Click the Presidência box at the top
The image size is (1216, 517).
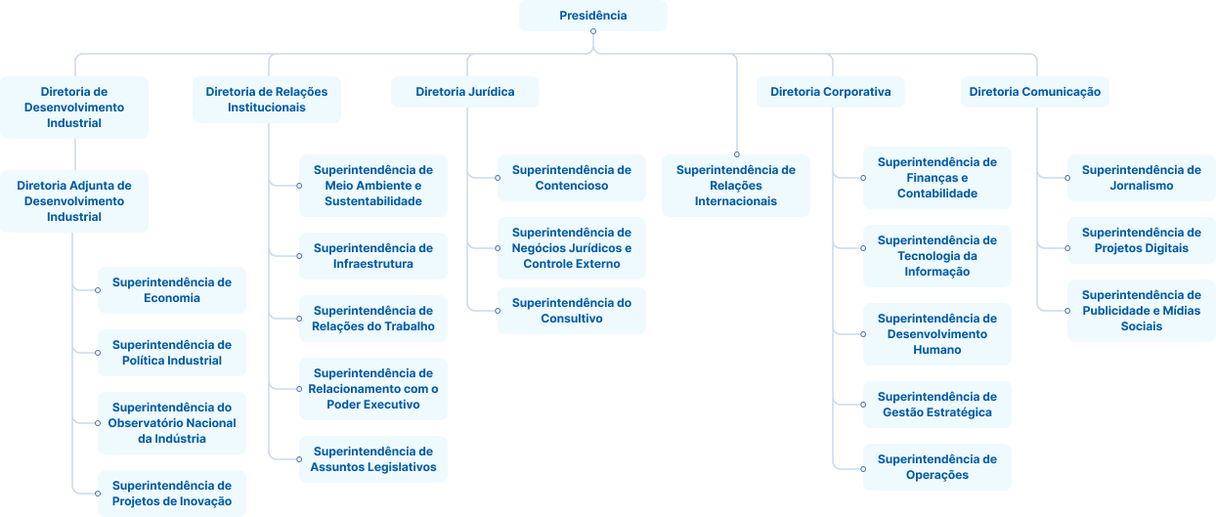pos(592,16)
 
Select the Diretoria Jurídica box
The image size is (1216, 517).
pos(464,92)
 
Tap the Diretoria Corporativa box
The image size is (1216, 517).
pos(830,92)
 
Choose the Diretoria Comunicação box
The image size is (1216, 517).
pos(1034,92)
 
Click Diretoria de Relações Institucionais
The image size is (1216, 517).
pos(266,100)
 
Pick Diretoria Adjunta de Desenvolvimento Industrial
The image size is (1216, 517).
pos(74,200)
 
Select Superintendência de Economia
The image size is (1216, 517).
pos(171,290)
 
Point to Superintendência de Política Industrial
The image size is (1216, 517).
pos(171,353)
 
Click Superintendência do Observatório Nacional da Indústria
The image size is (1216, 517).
pos(171,423)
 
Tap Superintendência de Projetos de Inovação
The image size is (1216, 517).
pos(171,494)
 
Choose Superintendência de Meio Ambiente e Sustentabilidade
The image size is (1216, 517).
pos(372,186)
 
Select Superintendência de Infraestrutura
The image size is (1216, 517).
pos(372,256)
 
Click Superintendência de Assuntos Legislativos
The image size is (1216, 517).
pos(372,459)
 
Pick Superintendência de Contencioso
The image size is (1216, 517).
pos(571,178)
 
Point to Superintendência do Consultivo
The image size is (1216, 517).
pos(571,311)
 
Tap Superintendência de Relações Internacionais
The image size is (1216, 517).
pos(735,186)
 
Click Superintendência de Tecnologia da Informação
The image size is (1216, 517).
pos(936,256)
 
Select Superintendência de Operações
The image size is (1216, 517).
pos(936,467)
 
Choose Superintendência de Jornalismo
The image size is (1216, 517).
pos(1141,178)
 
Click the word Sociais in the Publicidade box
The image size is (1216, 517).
pos(1141,326)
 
